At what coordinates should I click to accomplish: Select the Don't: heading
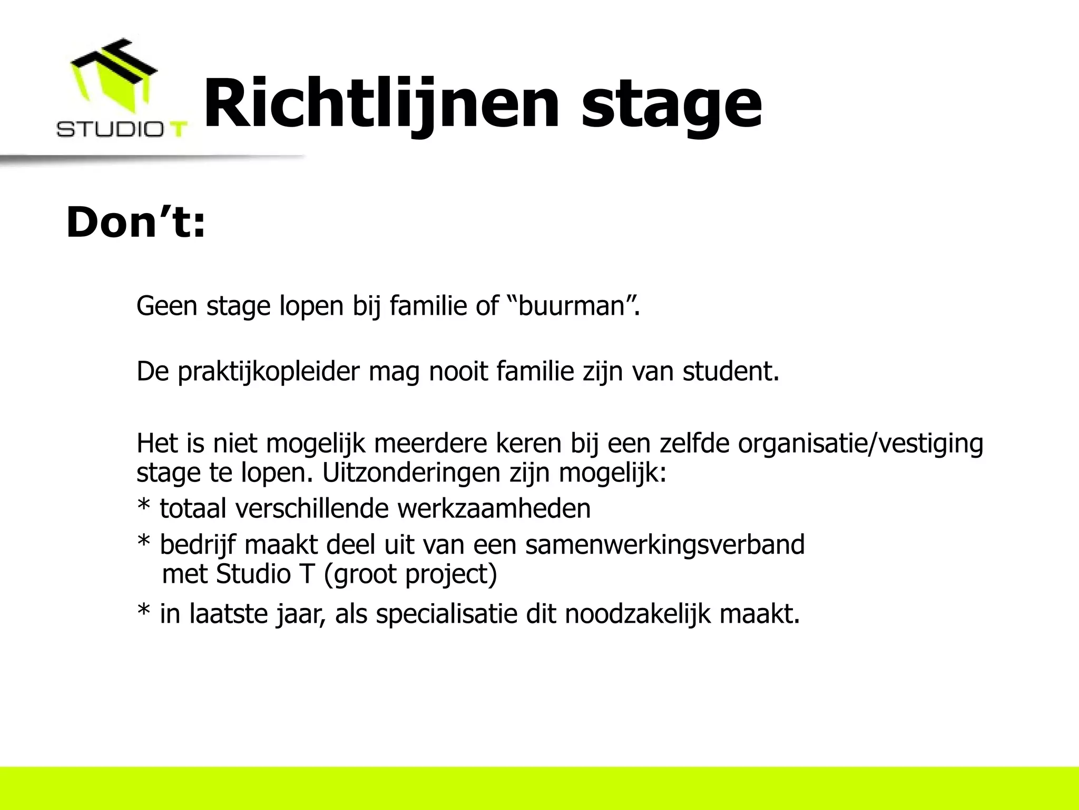coord(135,223)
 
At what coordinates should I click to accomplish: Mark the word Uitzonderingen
coord(410,473)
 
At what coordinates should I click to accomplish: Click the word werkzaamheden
coord(494,509)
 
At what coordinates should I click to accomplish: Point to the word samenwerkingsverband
coord(664,545)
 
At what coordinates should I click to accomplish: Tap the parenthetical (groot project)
coord(410,574)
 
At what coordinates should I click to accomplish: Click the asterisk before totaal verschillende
coord(143,506)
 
